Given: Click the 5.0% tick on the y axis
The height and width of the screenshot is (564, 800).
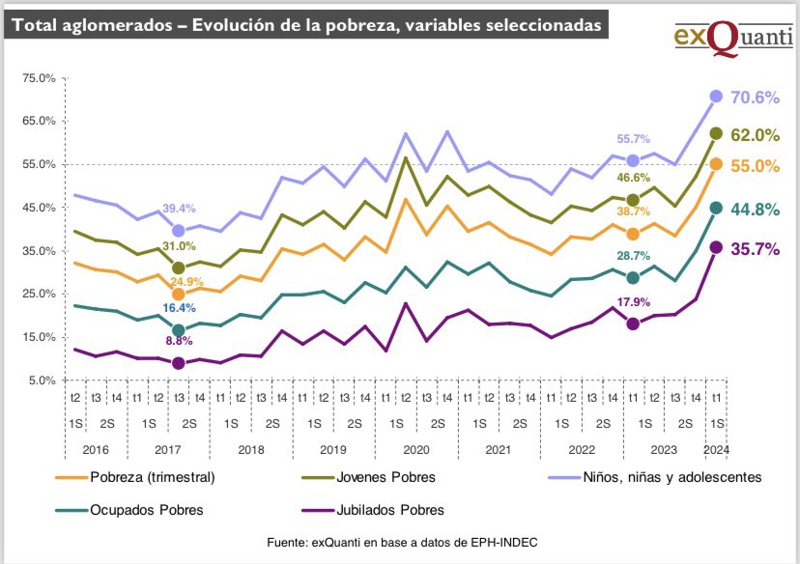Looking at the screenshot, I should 42,381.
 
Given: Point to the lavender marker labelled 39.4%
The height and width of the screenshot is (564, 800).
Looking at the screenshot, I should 178,231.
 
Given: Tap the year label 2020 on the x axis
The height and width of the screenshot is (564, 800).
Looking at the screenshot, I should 416,449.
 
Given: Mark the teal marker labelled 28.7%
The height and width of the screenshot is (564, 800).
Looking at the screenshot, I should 634,278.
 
